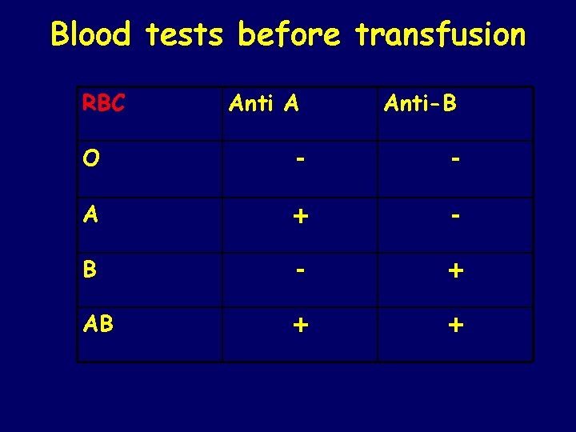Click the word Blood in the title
pos(90,34)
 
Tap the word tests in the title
pos(187,34)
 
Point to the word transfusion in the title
pos(441,34)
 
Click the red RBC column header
pos(103,104)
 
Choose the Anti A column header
pos(264,102)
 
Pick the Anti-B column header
pos(420,102)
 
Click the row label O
pos(90,159)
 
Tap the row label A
pos(90,214)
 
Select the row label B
pos(90,270)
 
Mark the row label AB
pos(98,325)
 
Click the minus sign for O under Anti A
pos(298,160)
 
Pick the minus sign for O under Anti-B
pos(455,160)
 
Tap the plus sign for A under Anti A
pos(298,216)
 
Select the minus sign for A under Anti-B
pos(455,216)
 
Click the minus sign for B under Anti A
pos(298,270)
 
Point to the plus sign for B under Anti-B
pos(455,271)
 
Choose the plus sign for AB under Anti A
pos(298,326)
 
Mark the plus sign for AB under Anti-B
pos(455,326)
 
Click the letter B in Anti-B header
pos(449,102)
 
